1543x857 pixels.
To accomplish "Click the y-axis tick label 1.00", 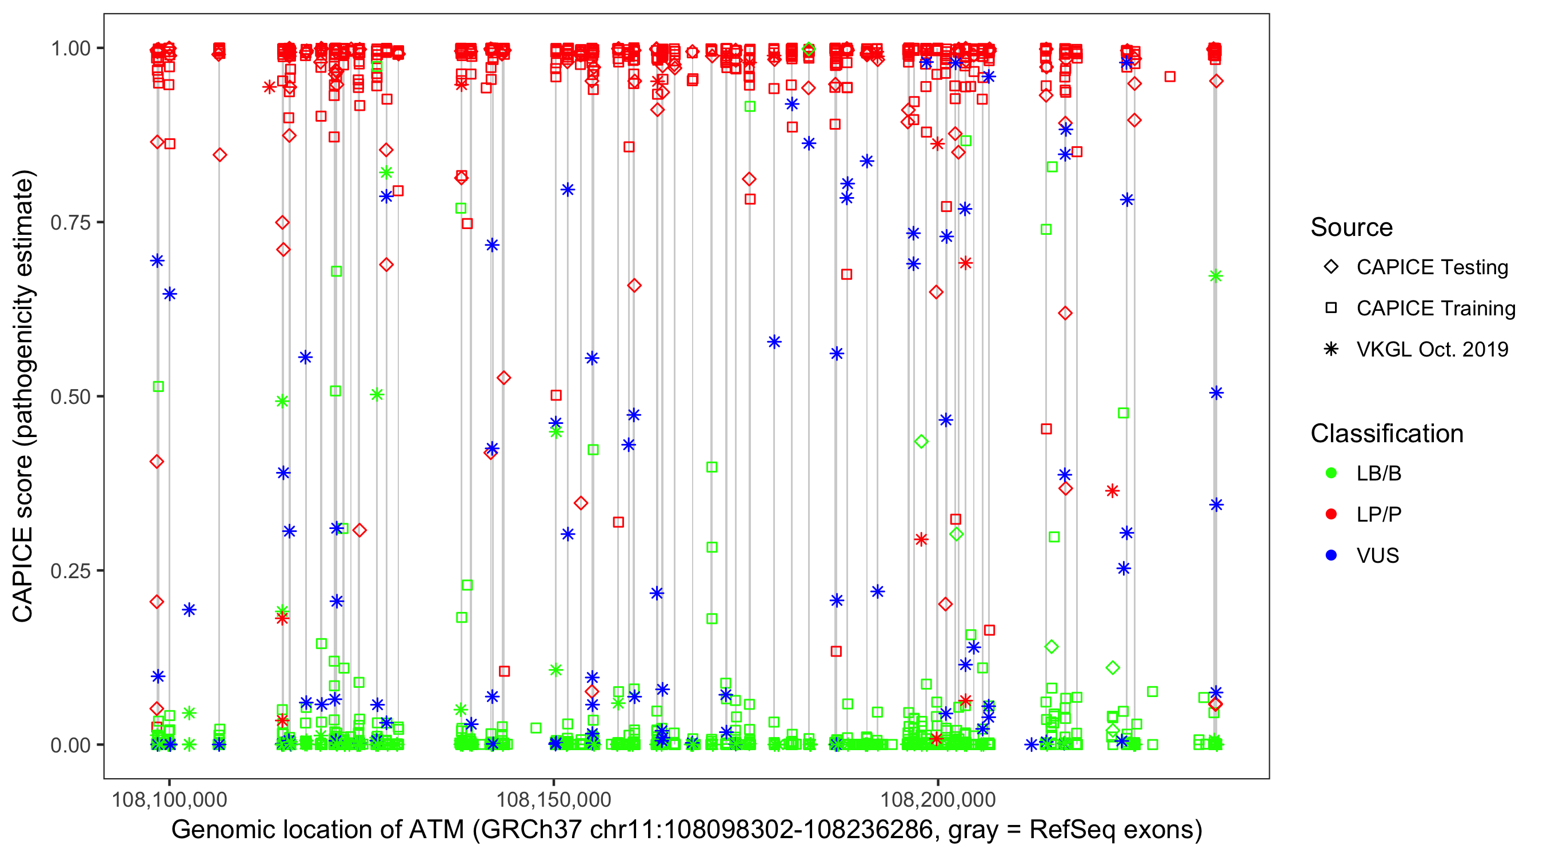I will [x=70, y=48].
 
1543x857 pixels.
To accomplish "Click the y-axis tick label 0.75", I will [x=70, y=222].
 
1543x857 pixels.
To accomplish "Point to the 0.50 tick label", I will [x=70, y=397].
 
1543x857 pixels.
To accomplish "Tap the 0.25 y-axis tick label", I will [x=70, y=570].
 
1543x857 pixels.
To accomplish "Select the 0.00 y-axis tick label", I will [x=70, y=744].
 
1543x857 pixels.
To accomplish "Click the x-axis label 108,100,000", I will [x=170, y=799].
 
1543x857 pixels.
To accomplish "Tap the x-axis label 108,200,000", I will [x=937, y=799].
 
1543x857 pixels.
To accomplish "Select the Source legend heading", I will [x=1352, y=227].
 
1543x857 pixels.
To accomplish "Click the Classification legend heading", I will [x=1386, y=433].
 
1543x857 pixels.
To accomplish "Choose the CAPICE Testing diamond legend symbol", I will [x=1331, y=266].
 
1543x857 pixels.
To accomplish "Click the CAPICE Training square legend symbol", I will [x=1331, y=308].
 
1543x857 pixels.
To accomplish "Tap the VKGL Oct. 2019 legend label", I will [x=1432, y=349].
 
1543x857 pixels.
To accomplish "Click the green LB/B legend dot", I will [x=1331, y=473].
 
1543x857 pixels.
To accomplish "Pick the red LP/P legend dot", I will [x=1331, y=514].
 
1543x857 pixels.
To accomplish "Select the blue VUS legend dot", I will [x=1331, y=555].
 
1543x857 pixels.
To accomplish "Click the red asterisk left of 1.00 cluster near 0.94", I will [x=269, y=87].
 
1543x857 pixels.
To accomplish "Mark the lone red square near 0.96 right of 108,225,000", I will [x=1170, y=77].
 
